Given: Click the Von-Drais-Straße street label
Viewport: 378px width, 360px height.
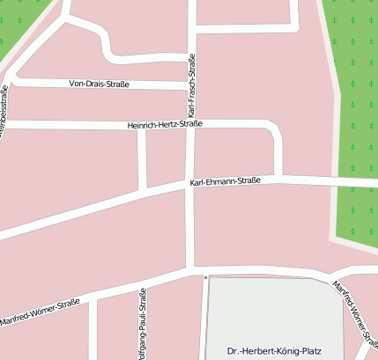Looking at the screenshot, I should (99, 84).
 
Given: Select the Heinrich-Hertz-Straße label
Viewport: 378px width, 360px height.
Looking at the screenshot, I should (165, 124).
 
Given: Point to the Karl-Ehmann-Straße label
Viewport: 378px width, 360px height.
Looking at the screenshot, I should (225, 181).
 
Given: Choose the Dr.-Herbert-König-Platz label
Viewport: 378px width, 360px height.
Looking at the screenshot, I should (274, 350).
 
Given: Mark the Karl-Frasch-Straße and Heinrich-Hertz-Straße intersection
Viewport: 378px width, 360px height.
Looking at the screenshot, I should (189, 124).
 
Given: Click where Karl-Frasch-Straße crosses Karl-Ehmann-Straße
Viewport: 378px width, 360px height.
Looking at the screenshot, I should (189, 184).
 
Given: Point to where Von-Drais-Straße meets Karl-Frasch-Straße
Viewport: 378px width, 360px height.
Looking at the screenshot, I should (189, 85).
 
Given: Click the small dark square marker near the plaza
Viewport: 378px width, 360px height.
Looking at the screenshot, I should (205, 277).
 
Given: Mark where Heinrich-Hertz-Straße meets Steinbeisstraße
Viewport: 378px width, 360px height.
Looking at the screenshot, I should (7, 125).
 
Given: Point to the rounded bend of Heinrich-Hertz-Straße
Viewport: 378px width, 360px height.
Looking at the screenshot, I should (275, 128).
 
